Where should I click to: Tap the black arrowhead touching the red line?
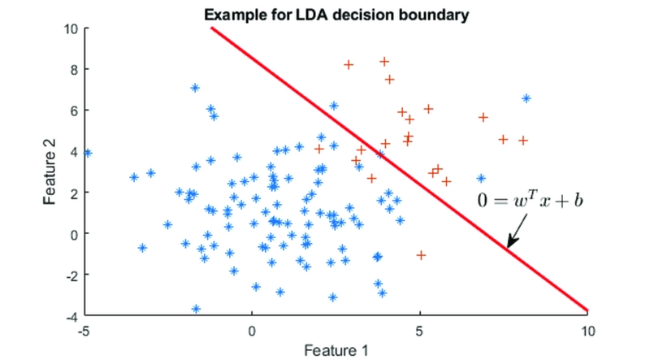coord(509,245)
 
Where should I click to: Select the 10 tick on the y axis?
coord(71,28)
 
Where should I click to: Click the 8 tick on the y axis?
coord(74,69)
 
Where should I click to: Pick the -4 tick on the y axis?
coord(71,315)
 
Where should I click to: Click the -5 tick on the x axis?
coord(84,331)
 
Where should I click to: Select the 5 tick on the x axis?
coord(419,331)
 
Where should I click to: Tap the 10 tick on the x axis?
coord(587,331)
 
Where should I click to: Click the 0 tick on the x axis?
coord(252,331)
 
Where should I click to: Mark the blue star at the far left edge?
coord(87,153)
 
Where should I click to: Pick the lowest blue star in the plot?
coord(196,309)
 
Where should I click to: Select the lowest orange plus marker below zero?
coord(421,255)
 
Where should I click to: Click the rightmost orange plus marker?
coord(523,140)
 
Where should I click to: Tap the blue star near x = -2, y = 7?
coord(195,88)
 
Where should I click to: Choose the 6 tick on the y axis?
coord(74,111)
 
